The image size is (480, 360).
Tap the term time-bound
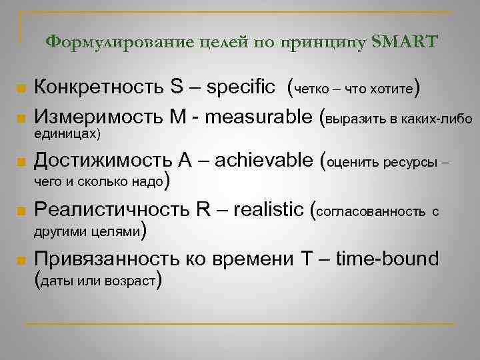(x=387, y=259)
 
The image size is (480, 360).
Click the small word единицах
(x=65, y=135)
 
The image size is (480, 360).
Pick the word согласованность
(x=372, y=212)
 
